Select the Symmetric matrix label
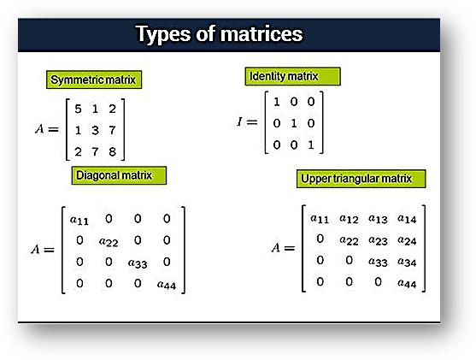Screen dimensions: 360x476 click(93, 80)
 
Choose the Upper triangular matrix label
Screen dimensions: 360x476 click(356, 179)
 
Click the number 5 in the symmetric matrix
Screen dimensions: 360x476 click(78, 109)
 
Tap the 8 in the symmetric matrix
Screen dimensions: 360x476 click(111, 151)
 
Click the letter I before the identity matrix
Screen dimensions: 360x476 click(240, 123)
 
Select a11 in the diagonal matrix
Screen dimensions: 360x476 click(79, 220)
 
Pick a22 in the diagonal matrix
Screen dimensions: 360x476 click(109, 242)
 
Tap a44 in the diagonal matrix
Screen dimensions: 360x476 click(166, 284)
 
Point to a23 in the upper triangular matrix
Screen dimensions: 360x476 click(379, 239)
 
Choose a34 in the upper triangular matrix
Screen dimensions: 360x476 click(407, 261)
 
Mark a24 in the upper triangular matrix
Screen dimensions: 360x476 click(407, 239)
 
